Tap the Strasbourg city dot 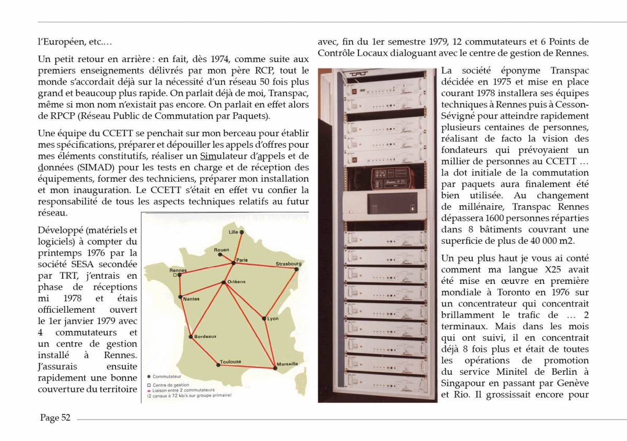pos(296,269)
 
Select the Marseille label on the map pos(287,363)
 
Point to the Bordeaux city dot pos(191,337)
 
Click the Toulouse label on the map pos(230,361)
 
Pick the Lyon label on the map pos(273,318)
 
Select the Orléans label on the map pos(236,282)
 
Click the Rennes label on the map pos(178,270)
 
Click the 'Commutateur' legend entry pos(168,376)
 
